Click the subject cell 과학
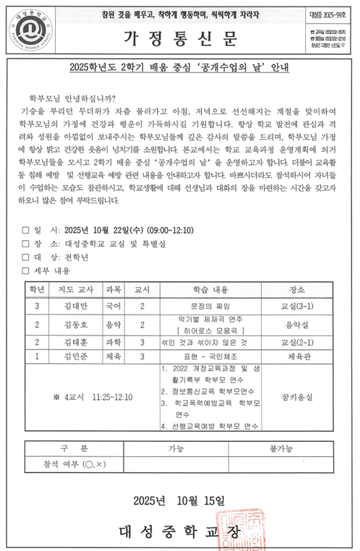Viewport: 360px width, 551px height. pyautogui.click(x=114, y=341)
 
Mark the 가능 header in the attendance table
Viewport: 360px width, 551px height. pyautogui.click(x=176, y=448)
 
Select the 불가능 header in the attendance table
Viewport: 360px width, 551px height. pyautogui.click(x=280, y=448)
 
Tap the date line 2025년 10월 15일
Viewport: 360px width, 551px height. pyautogui.click(x=179, y=500)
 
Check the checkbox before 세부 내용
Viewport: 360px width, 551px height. pyautogui.click(x=26, y=270)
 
